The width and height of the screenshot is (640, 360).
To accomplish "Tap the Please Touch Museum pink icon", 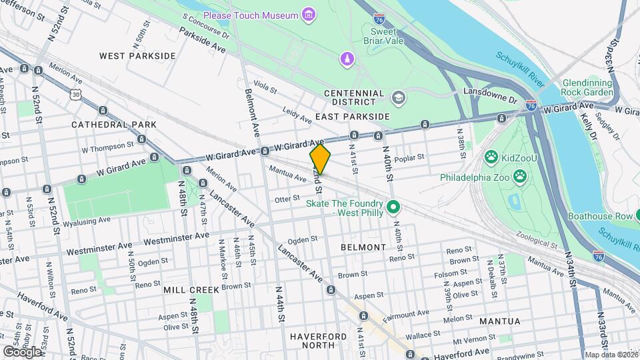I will click(x=308, y=15).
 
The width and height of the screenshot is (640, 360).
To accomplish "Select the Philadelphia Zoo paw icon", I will click(x=520, y=177).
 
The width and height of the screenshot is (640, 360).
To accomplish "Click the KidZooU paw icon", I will click(x=491, y=157).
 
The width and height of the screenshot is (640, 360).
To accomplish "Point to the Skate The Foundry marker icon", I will click(x=393, y=207).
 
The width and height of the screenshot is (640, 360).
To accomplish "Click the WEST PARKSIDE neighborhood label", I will click(x=137, y=56).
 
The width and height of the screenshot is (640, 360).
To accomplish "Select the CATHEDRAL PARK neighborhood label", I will click(x=113, y=125).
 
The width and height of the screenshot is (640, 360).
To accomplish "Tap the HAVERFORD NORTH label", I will click(x=319, y=341).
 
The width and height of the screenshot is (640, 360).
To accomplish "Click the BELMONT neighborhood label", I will click(x=363, y=247).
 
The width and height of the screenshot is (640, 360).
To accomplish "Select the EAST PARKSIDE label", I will click(x=353, y=117).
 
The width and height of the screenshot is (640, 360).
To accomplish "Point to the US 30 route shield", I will click(x=78, y=95).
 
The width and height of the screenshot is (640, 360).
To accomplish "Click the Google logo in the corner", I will click(x=22, y=351).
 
